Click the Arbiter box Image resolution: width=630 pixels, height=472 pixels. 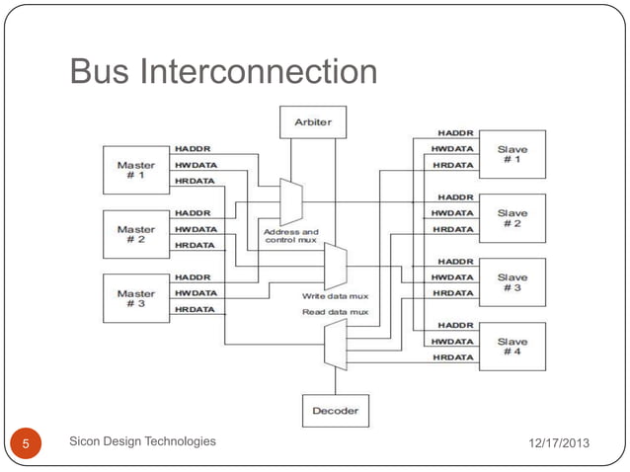coord(313,121)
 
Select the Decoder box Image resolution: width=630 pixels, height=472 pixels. coord(335,410)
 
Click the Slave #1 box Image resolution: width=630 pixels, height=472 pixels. coord(511,154)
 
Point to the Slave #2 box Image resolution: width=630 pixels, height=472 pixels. coord(511,218)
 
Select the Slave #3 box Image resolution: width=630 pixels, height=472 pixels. coord(511,282)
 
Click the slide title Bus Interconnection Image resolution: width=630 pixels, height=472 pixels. coord(223,71)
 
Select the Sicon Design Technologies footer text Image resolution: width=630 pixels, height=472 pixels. coord(143,441)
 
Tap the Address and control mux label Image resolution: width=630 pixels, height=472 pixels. coord(290,238)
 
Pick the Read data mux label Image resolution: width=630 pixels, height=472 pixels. coord(335,312)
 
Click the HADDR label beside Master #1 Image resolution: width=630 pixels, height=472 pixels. coord(192,149)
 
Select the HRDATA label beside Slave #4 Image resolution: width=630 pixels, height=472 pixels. coord(449,357)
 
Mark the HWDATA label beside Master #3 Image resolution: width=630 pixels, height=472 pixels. coord(195,293)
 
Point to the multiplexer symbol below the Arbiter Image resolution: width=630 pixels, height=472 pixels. coord(291,201)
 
